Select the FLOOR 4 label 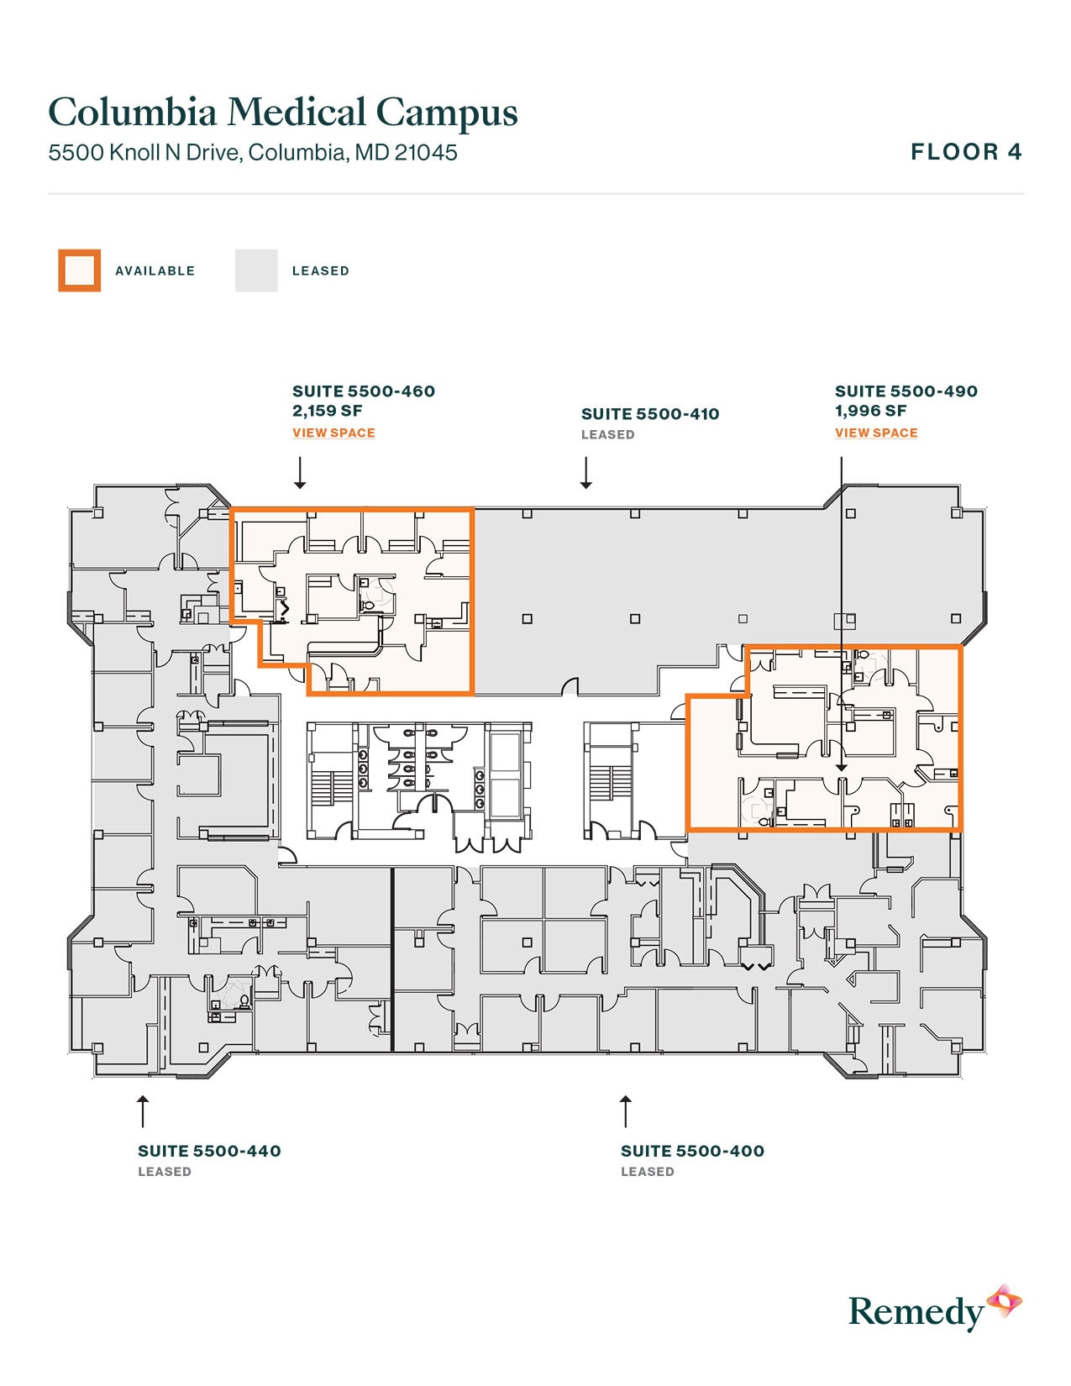click(x=966, y=152)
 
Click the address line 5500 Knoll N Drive click(x=252, y=153)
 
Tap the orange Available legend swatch click(x=79, y=270)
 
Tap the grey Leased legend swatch click(x=256, y=270)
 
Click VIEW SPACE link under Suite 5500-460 click(x=333, y=433)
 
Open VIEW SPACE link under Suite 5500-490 click(x=876, y=433)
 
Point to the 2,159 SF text click(x=328, y=411)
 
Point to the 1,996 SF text click(x=870, y=411)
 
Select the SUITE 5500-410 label click(x=650, y=414)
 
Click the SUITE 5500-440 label click(x=209, y=1152)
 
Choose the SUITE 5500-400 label click(x=692, y=1152)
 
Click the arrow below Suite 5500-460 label click(x=300, y=473)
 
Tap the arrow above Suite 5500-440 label click(x=143, y=1110)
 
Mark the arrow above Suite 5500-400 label click(x=625, y=1110)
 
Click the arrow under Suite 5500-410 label click(x=586, y=473)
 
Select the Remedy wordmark click(x=916, y=1312)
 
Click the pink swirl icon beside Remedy click(x=1004, y=1302)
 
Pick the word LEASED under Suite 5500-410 click(x=607, y=435)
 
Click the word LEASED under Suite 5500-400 click(x=647, y=1172)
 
